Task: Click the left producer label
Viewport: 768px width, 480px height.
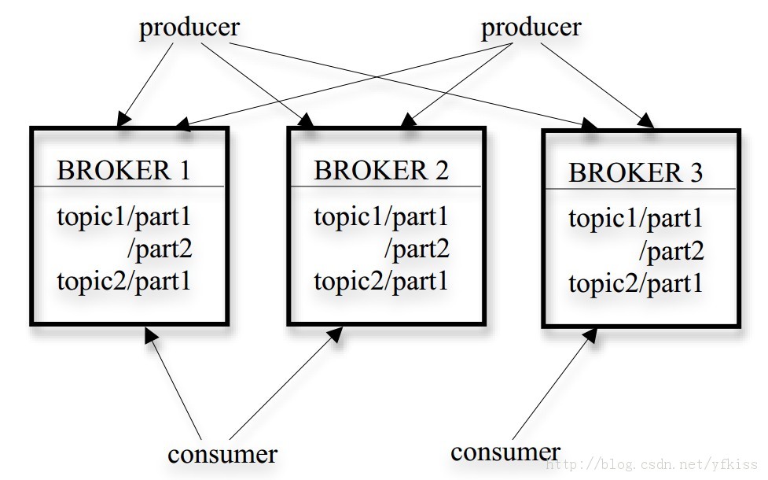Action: (189, 28)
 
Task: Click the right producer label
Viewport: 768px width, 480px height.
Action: (531, 28)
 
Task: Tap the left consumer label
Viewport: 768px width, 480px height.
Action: (222, 454)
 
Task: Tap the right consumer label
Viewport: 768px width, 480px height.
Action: (505, 452)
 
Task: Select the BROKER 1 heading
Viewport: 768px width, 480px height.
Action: (123, 170)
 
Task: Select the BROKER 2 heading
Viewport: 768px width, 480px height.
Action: (381, 170)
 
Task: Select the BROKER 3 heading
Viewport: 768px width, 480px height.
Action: (635, 172)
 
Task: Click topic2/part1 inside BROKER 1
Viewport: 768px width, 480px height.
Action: (123, 282)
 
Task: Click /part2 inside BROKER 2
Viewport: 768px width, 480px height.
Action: (417, 250)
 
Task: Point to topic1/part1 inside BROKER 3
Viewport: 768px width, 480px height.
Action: (635, 218)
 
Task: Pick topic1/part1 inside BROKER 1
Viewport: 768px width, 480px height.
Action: (123, 217)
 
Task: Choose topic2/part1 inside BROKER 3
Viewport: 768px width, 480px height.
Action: (635, 284)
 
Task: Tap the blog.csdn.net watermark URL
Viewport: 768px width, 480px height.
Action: (654, 464)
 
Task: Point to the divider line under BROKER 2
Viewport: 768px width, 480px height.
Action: (385, 187)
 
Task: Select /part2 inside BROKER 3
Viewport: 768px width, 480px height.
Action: (671, 252)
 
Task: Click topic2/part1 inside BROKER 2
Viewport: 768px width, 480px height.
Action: (381, 282)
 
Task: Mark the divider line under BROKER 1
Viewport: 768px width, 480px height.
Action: (128, 186)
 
